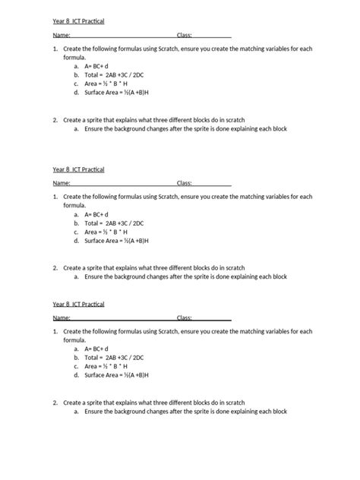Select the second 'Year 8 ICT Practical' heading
[x=78, y=169]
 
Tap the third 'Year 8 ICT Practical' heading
[x=78, y=304]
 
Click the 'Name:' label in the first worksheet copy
[x=61, y=35]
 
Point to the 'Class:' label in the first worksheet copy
[x=185, y=35]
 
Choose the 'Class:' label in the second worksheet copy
[x=185, y=183]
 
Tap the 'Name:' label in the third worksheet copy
[x=61, y=318]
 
